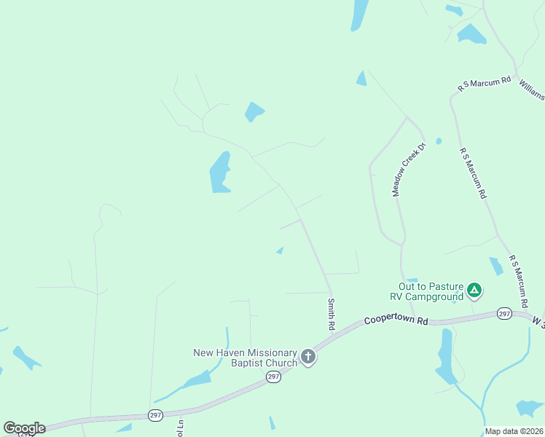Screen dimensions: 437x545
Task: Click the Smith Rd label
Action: pos(331,314)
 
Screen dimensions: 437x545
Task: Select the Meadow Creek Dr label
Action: pos(408,169)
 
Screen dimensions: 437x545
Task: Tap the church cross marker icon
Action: pos(308,357)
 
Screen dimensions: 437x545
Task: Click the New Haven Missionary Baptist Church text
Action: pos(245,357)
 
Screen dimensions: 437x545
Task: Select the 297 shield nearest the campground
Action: pos(504,313)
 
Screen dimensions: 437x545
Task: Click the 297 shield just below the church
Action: pos(273,376)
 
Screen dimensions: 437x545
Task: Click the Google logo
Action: pos(24,428)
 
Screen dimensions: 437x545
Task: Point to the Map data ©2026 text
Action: pos(514,431)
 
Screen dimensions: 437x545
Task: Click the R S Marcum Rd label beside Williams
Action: pos(485,83)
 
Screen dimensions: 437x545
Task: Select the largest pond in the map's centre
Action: pos(220,173)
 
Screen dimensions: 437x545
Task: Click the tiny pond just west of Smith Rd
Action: pos(280,251)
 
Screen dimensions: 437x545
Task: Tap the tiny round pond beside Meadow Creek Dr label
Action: pos(439,141)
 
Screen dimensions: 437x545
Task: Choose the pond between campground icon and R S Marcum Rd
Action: pos(496,266)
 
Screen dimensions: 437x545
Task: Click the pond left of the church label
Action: pos(195,379)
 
